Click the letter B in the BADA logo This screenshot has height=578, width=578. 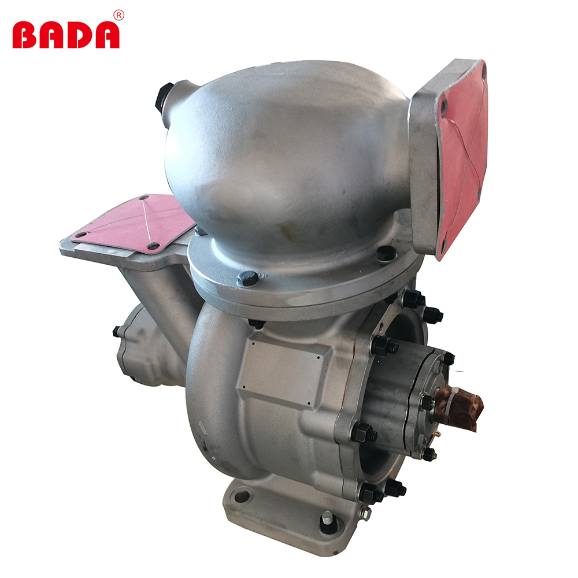24,35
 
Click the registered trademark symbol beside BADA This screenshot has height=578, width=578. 119,15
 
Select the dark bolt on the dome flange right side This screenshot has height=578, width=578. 386,254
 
